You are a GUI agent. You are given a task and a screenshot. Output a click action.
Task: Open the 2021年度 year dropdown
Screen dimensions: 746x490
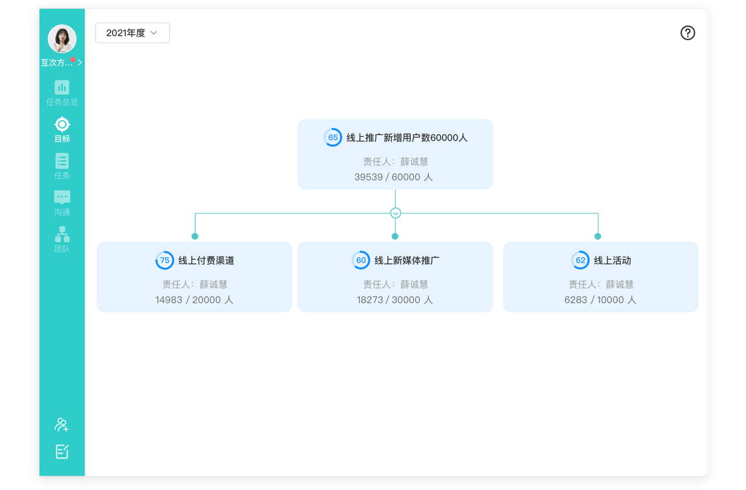pyautogui.click(x=132, y=33)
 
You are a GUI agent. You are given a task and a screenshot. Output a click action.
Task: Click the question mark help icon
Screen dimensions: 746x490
pyautogui.click(x=687, y=33)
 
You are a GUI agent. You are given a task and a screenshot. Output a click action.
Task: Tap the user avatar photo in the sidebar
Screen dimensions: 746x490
pyautogui.click(x=62, y=38)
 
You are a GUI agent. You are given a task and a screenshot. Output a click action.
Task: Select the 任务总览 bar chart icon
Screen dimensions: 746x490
pyautogui.click(x=62, y=87)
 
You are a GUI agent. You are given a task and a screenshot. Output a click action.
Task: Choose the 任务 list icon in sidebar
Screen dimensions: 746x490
pyautogui.click(x=62, y=161)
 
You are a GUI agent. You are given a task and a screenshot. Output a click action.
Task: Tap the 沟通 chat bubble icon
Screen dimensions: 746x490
pyautogui.click(x=62, y=197)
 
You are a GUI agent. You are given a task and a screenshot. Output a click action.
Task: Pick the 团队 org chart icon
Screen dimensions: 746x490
pyautogui.click(x=62, y=235)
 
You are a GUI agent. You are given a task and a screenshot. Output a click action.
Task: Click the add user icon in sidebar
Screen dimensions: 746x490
pyautogui.click(x=62, y=425)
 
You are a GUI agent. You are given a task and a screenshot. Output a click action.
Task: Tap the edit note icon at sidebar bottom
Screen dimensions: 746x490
pyautogui.click(x=62, y=452)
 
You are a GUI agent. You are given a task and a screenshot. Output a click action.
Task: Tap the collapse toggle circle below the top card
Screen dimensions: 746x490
pyautogui.click(x=395, y=213)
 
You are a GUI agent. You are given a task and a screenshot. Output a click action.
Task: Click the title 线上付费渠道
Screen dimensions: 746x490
pyautogui.click(x=206, y=260)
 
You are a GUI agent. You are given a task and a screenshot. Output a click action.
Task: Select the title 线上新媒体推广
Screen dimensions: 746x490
pyautogui.click(x=407, y=260)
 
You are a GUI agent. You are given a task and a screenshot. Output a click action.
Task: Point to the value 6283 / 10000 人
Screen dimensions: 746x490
pyautogui.click(x=600, y=300)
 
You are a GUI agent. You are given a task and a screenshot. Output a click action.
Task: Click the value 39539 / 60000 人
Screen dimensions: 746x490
pyautogui.click(x=393, y=177)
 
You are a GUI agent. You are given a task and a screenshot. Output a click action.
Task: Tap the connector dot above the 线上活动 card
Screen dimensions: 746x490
pyautogui.click(x=598, y=236)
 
